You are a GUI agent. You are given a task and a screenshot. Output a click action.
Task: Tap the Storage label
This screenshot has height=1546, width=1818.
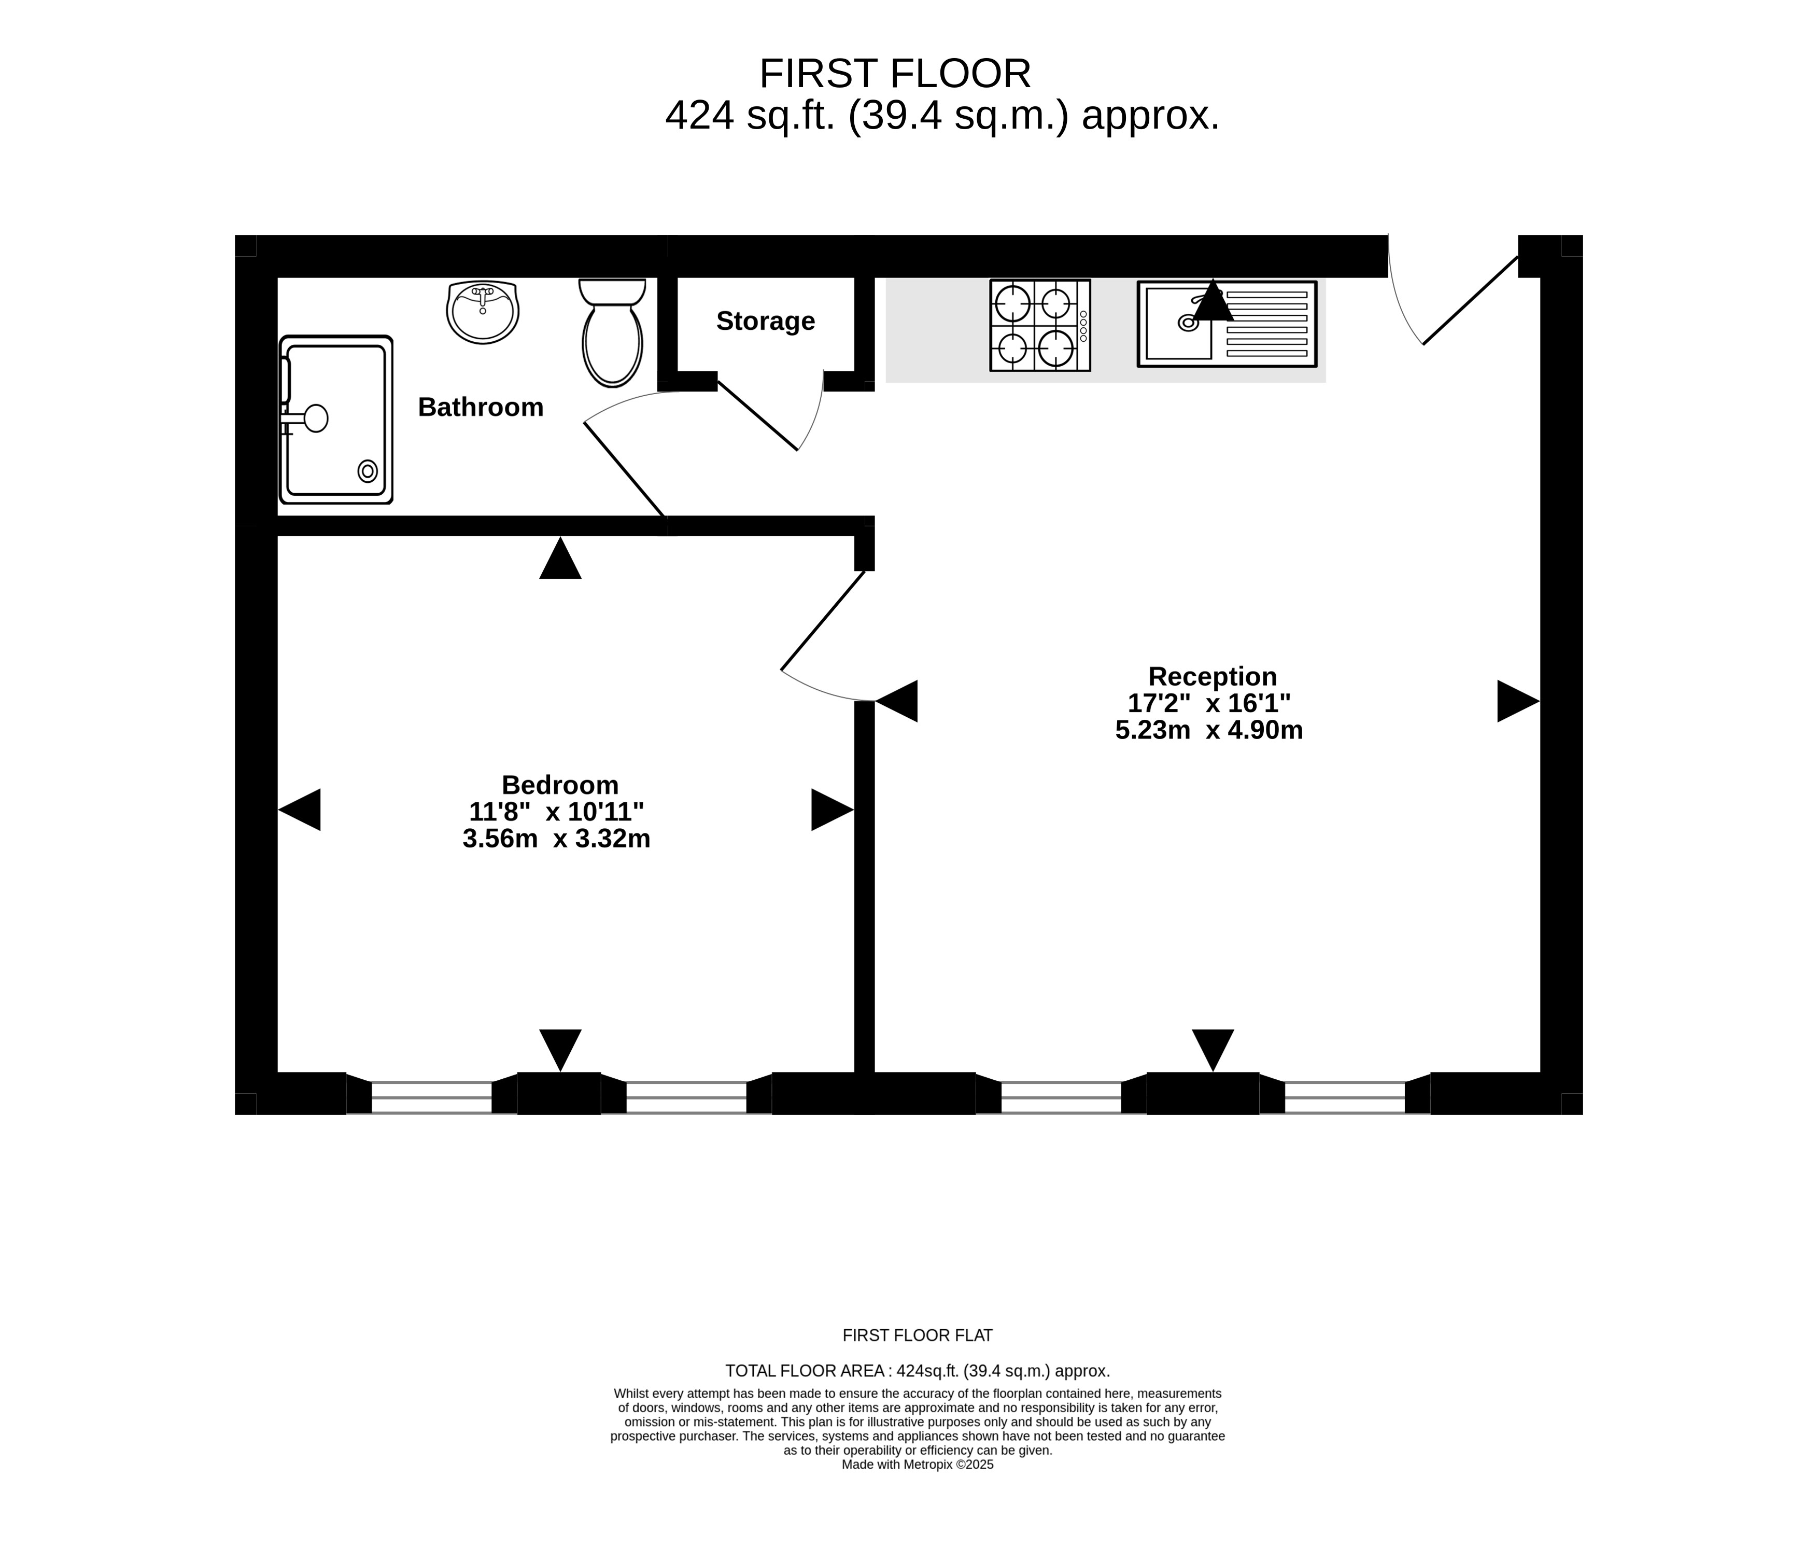point(765,321)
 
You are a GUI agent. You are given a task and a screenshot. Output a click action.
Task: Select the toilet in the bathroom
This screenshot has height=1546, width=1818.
point(612,333)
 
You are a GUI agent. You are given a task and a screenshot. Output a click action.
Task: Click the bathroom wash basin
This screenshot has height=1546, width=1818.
point(483,312)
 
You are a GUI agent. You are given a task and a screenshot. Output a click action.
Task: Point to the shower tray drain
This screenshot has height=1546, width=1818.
point(368,471)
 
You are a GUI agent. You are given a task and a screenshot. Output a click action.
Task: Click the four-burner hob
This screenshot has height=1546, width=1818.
point(1040,325)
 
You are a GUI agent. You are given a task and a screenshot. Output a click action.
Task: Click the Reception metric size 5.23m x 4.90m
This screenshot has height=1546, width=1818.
point(1208,730)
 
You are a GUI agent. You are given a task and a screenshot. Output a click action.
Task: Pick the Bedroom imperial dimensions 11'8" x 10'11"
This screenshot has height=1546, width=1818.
point(556,812)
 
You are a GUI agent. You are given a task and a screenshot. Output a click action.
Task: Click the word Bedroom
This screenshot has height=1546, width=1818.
point(560,784)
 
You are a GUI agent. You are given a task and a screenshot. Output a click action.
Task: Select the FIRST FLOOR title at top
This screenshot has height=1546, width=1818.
point(895,74)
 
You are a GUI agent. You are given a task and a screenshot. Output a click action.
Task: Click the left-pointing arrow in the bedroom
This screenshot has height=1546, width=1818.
point(299,810)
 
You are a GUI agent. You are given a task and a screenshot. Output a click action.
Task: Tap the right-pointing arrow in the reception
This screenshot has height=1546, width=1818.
point(1518,701)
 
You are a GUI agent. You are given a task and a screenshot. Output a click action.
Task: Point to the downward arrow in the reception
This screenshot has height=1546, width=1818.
point(1213,1050)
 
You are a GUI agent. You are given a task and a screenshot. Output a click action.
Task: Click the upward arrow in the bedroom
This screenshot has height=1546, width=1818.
point(560,558)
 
